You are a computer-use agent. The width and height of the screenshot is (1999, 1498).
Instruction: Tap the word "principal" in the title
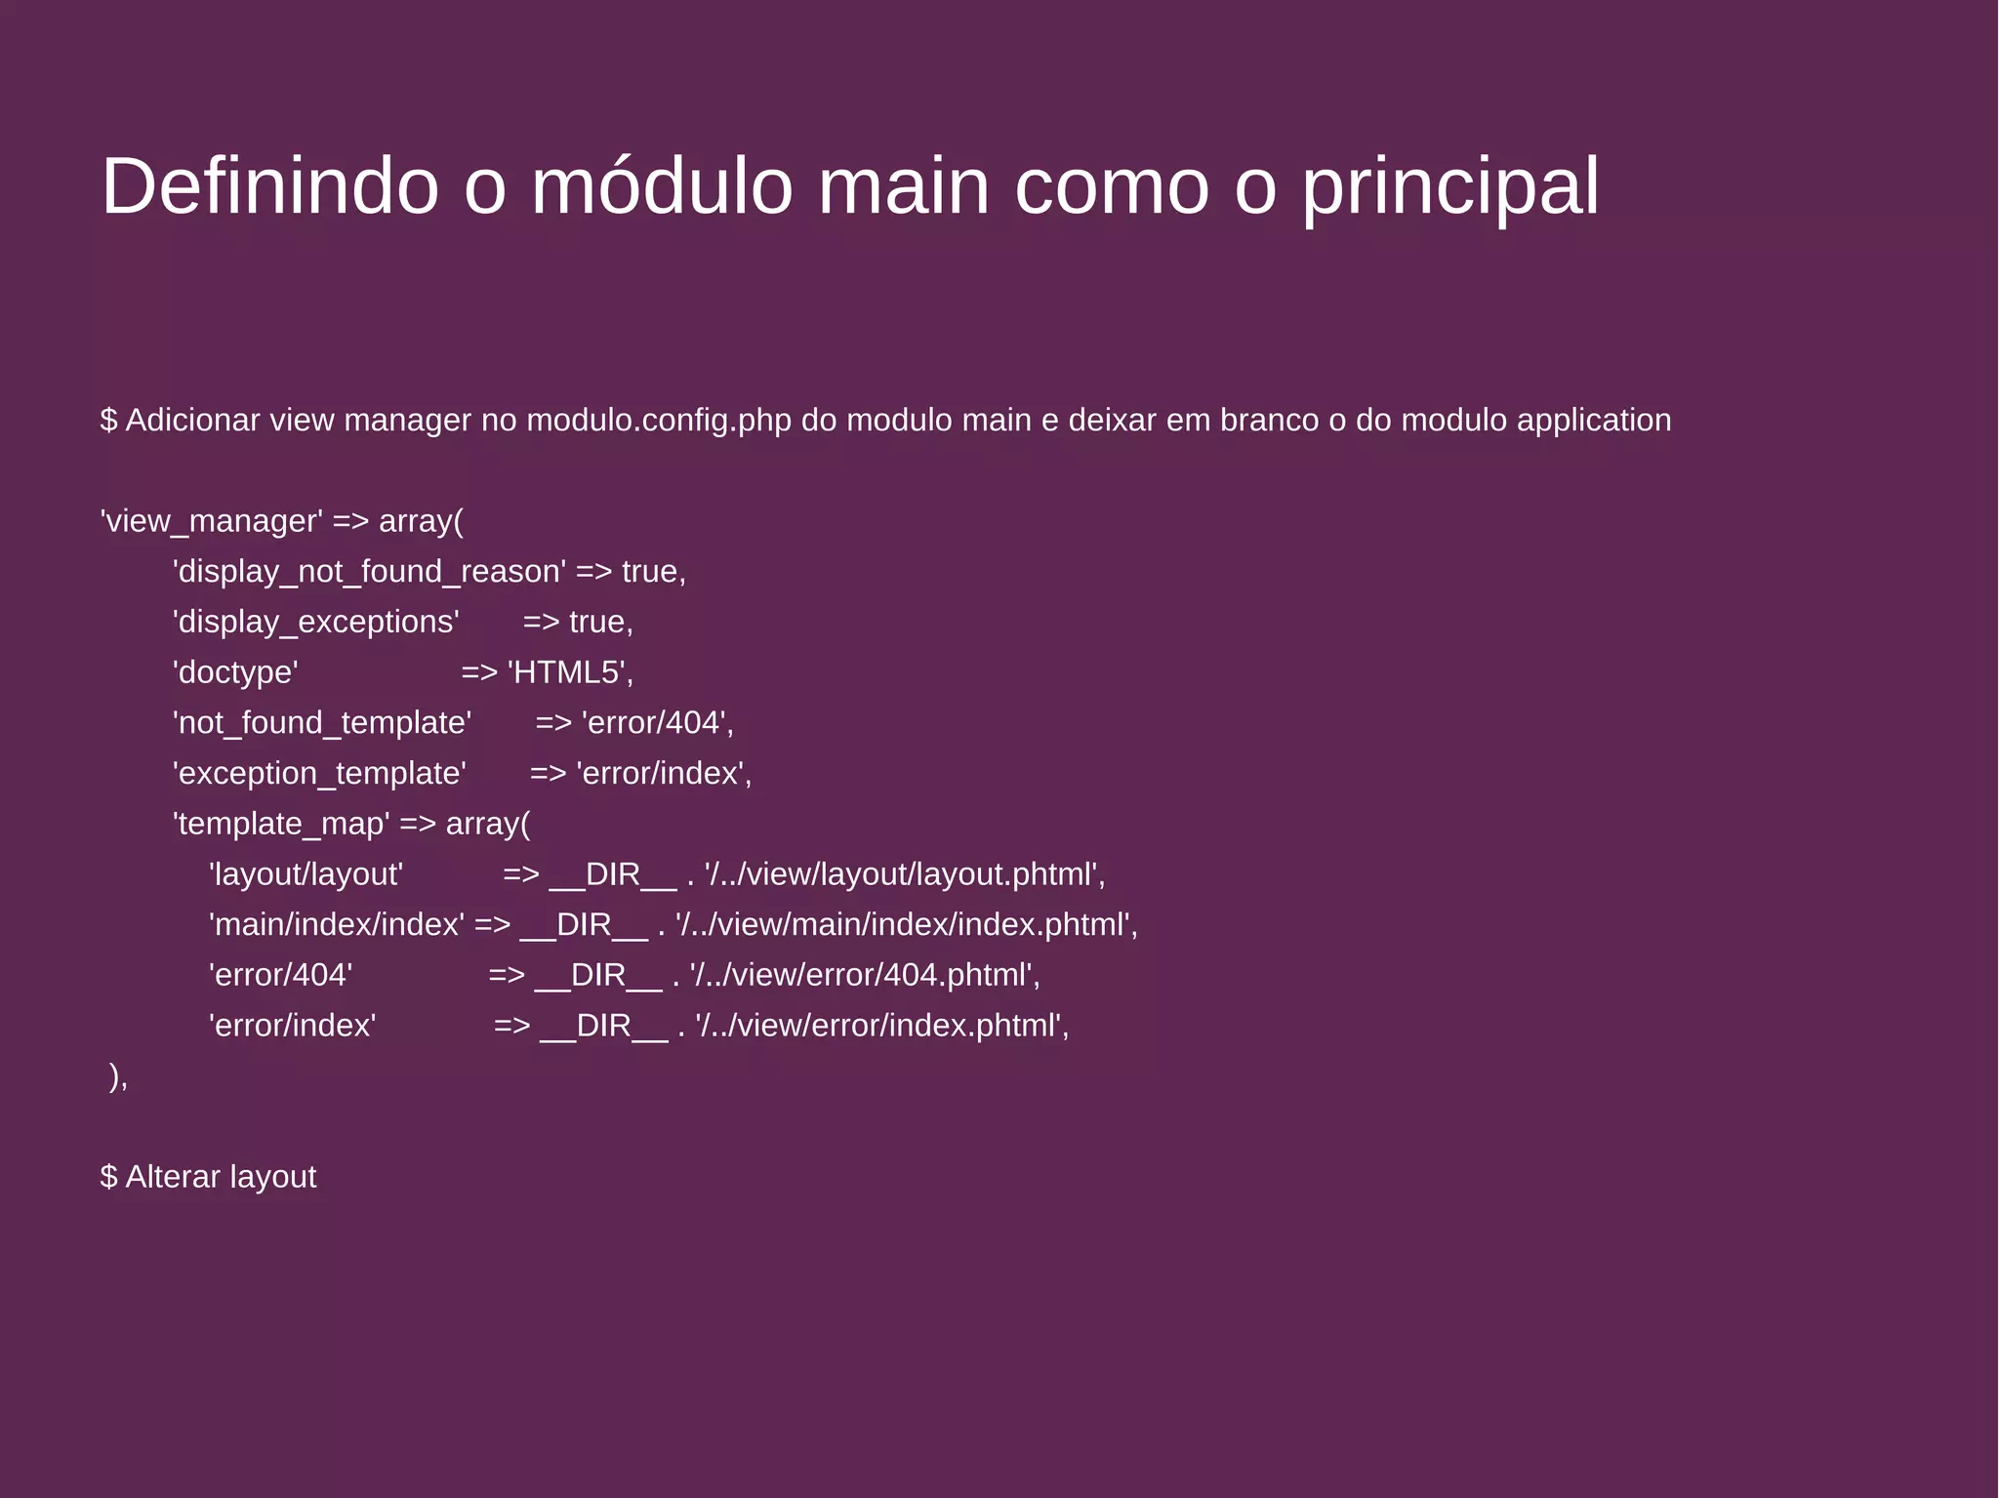coord(1450,187)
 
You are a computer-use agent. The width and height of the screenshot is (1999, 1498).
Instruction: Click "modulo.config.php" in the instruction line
coord(659,420)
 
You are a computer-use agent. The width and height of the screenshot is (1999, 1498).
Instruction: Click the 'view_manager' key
coord(212,521)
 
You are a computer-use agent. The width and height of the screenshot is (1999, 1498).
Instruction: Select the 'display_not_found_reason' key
coord(369,572)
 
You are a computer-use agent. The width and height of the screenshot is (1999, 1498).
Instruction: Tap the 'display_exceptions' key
coord(316,622)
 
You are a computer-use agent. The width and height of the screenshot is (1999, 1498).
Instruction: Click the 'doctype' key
coord(235,672)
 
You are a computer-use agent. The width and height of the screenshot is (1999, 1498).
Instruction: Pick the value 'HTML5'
coord(568,672)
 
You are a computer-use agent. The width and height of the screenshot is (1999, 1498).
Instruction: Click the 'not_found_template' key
coord(322,723)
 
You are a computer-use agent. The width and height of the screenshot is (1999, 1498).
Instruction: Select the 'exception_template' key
coord(319,773)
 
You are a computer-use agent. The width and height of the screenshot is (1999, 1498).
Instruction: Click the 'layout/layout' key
coord(306,874)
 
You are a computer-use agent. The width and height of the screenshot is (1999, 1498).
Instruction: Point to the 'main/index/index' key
coord(337,924)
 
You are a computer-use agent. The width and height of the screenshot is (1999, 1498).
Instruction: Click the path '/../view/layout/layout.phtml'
coord(903,874)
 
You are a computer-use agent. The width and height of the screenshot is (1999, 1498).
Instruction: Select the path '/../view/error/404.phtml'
coord(863,975)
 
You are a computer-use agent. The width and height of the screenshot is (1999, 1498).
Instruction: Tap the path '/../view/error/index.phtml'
coord(880,1026)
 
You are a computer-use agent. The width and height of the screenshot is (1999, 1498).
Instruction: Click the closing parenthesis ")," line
coord(118,1076)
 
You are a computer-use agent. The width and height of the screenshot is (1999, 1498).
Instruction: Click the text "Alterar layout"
coord(221,1177)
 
